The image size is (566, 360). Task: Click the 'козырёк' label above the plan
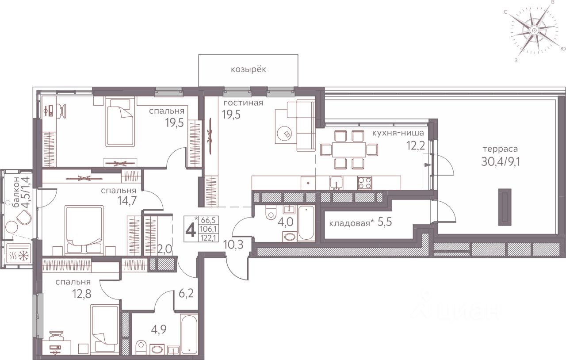(249, 69)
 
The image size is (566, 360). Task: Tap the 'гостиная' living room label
(243, 103)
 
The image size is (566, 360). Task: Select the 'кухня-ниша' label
(398, 133)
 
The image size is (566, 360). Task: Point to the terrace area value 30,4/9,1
(500, 162)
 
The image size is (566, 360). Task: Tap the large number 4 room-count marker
(191, 230)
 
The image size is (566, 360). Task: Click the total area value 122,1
(209, 238)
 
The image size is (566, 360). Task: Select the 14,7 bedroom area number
(127, 200)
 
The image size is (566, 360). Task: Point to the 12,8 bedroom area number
(82, 294)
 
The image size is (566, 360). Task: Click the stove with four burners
(365, 183)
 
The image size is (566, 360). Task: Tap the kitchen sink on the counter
(337, 183)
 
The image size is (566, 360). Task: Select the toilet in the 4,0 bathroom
(271, 212)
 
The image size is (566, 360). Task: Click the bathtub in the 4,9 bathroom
(189, 334)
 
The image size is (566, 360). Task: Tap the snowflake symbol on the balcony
(24, 256)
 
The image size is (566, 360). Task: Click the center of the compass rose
(534, 38)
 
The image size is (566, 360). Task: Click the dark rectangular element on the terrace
(505, 207)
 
